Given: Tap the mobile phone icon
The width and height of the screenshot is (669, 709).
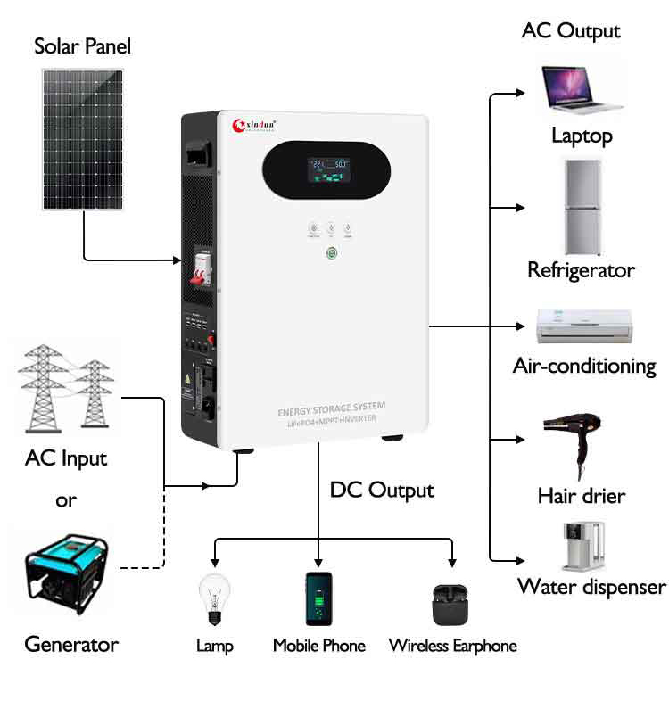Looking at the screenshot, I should (318, 600).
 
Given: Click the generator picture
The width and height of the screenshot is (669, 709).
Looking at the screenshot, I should (67, 567).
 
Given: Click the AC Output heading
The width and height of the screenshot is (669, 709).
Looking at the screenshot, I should (571, 30).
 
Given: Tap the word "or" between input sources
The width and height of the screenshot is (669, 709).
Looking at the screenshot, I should (67, 500).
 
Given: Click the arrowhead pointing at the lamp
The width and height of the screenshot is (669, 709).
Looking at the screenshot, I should (214, 563).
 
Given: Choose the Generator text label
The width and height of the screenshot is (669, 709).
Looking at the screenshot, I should (70, 644).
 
